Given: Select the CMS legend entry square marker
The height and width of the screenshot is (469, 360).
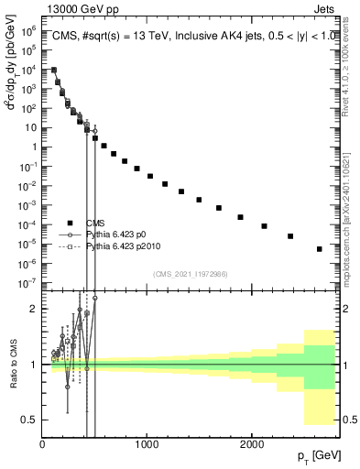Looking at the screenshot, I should click(x=70, y=223).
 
